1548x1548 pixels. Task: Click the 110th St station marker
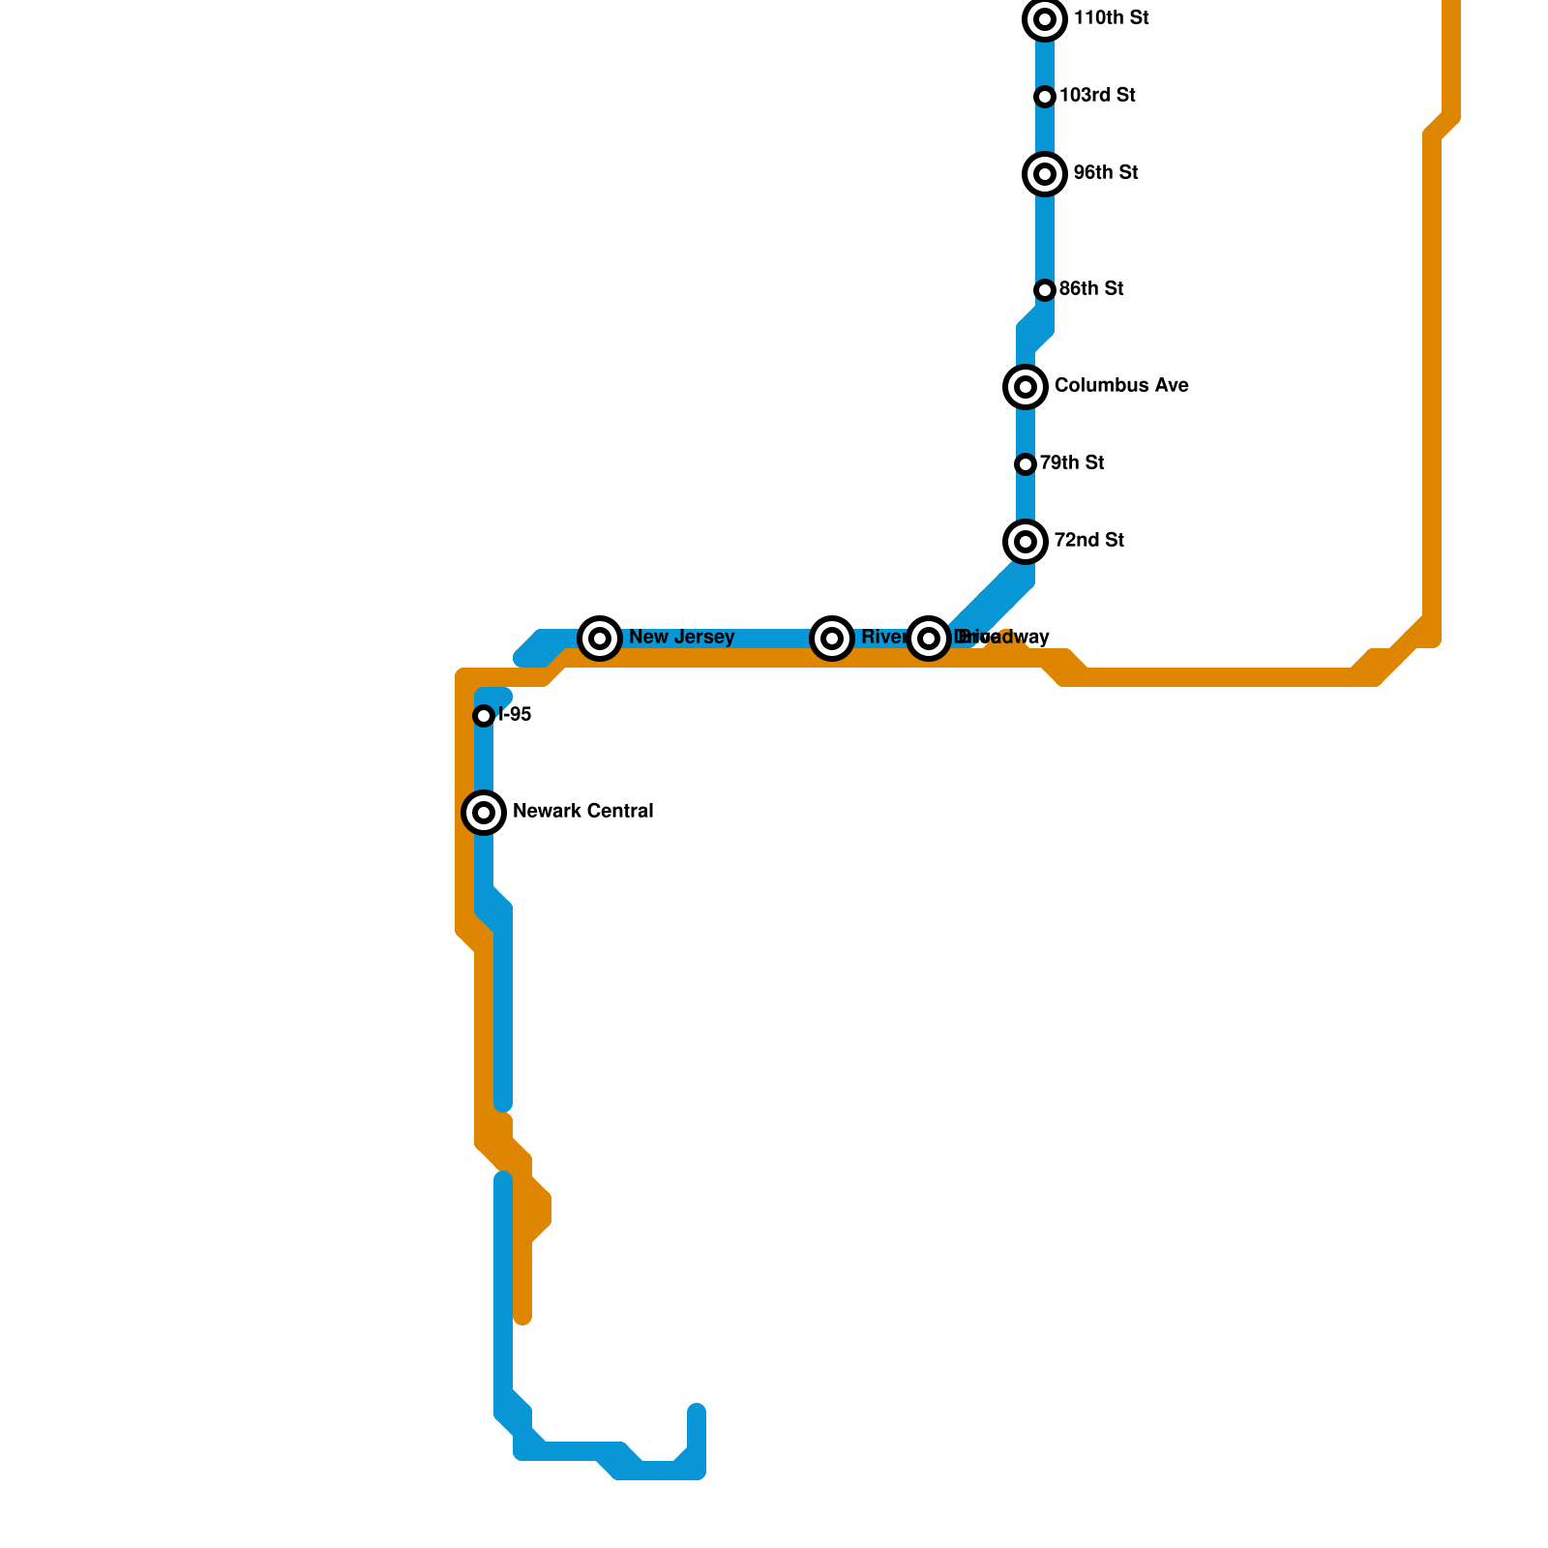tap(1045, 19)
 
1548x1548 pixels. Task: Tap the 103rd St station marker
tap(1045, 97)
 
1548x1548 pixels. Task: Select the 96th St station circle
tap(1045, 174)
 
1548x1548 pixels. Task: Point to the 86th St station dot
tap(1045, 290)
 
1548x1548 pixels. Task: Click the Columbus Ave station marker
tap(1027, 387)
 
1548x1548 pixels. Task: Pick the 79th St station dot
tap(1027, 464)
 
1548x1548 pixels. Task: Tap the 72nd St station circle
tap(1027, 542)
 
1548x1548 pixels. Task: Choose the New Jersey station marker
tap(600, 639)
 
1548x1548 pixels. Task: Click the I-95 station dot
tap(485, 716)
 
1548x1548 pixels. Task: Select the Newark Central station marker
tap(485, 813)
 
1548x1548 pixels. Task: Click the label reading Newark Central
tap(582, 812)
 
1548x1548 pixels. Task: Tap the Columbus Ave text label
tap(1121, 386)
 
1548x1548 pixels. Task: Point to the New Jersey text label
tap(681, 638)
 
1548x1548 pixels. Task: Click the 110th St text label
tap(1111, 18)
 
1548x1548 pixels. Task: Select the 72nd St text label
tap(1088, 541)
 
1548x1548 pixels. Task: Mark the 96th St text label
tap(1105, 173)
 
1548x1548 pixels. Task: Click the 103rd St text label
tap(1097, 96)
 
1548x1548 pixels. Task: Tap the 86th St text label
tap(1090, 289)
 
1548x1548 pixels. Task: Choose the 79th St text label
tap(1072, 463)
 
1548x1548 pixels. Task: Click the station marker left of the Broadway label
tap(929, 639)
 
